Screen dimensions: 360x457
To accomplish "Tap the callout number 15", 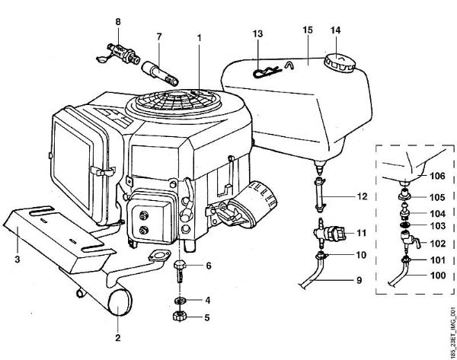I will [307, 31].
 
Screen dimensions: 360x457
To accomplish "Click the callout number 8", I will [117, 21].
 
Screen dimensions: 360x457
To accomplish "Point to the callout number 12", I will [363, 196].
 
